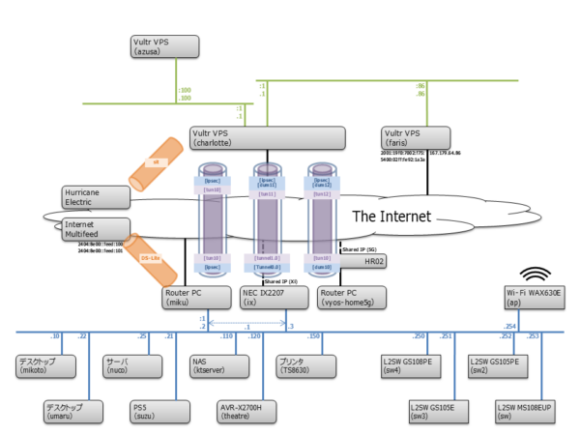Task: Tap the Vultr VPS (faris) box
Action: point(422,136)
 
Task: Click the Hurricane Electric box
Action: point(95,196)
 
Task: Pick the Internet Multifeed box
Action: point(95,228)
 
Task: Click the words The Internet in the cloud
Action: point(391,216)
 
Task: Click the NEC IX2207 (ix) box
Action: point(275,296)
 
